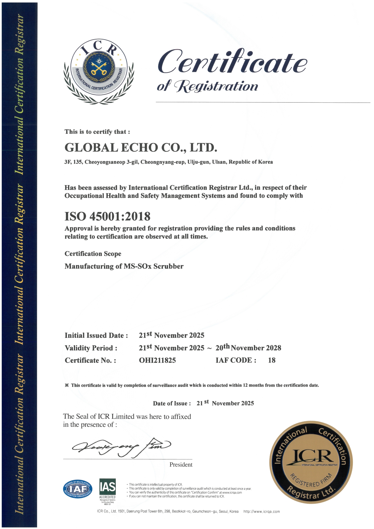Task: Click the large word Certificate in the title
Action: point(232,62)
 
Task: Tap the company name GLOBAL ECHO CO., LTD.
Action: point(141,147)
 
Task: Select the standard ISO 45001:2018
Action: point(107,216)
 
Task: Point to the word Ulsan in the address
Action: point(219,162)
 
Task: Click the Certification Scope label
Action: point(93,254)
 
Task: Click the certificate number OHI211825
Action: point(157,360)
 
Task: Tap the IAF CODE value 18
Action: point(272,360)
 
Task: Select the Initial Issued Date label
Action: point(96,335)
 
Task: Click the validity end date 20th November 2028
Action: point(248,347)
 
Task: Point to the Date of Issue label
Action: point(172,404)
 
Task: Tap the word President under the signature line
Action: point(181,464)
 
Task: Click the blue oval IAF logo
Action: point(78,489)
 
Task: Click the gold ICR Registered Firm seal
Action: point(311,462)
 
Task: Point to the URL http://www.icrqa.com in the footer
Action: point(261,512)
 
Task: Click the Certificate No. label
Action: point(90,360)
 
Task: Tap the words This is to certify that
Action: point(97,132)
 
